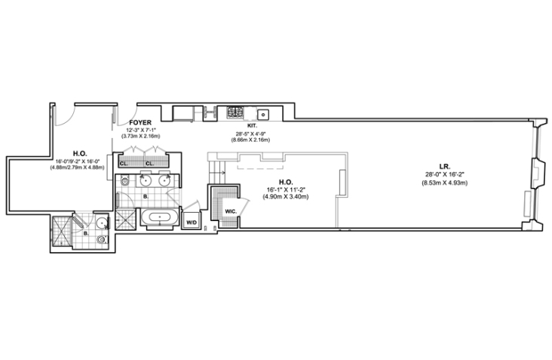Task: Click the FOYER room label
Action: [x=141, y=122]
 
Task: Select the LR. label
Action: [x=445, y=167]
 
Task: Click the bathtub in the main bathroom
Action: [x=159, y=218]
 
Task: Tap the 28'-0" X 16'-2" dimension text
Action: [x=445, y=175]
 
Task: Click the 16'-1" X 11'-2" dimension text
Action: [x=286, y=189]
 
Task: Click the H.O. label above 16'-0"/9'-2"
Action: [x=78, y=152]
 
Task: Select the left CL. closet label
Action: [x=124, y=162]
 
